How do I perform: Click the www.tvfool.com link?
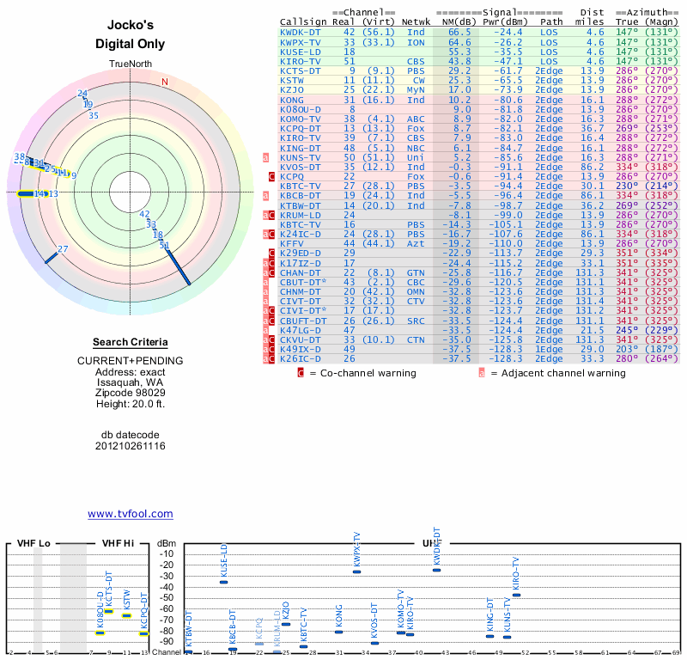pos(131,514)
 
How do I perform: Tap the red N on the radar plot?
pos(164,82)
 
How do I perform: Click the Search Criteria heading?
pos(131,342)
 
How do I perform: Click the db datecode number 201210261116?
pos(131,446)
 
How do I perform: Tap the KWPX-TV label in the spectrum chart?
pos(356,550)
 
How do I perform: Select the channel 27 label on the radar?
pos(63,249)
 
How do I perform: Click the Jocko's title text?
pos(131,27)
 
